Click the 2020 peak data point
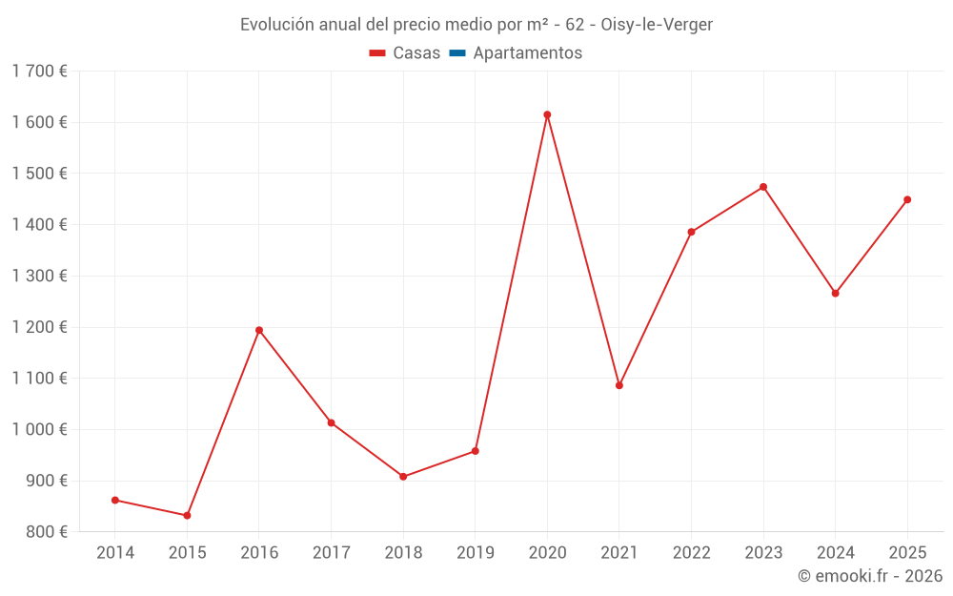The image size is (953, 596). (547, 114)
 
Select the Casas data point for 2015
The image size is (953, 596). (187, 516)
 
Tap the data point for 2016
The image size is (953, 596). (259, 330)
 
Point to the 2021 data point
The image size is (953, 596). (619, 385)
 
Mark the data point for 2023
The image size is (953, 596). (763, 187)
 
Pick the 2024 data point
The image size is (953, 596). (836, 293)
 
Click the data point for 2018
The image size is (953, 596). (403, 477)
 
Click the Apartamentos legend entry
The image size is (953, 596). (527, 53)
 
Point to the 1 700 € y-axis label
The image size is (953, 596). (39, 71)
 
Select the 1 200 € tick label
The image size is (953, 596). (39, 327)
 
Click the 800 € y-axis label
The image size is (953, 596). (46, 532)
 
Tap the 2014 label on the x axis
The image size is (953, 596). (115, 552)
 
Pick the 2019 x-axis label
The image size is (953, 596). (476, 552)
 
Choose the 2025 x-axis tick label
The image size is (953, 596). (907, 552)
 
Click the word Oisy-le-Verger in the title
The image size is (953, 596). (657, 25)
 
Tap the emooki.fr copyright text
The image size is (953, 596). (870, 576)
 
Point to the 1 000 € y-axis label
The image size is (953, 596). (39, 429)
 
